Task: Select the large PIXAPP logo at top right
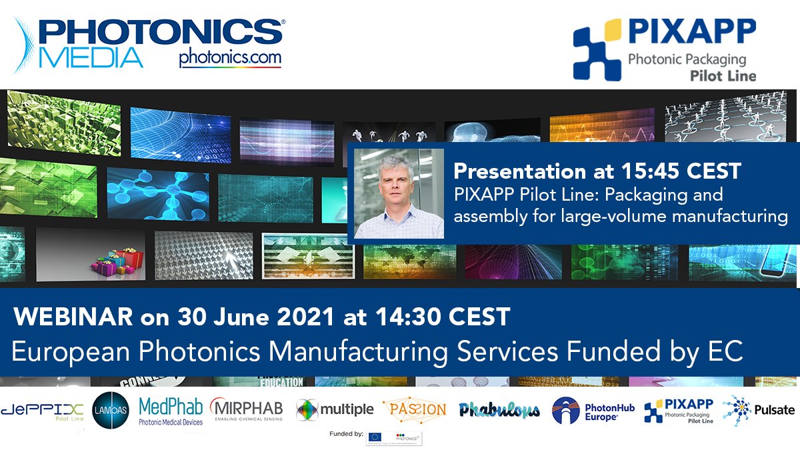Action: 665,50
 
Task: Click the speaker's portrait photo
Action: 399,193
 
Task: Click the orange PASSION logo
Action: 415,409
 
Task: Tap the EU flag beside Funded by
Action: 375,437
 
